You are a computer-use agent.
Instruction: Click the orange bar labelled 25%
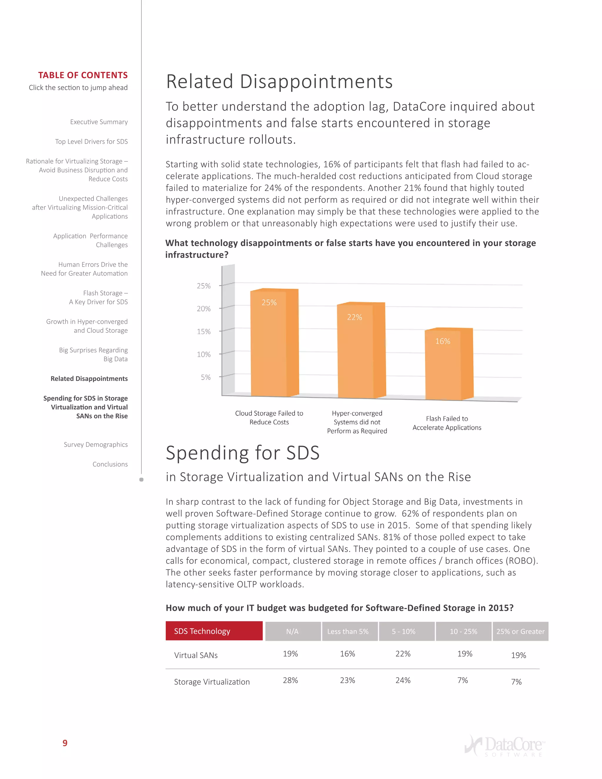coord(274,342)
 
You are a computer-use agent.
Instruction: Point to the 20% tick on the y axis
coord(204,309)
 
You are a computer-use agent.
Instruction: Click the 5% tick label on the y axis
coord(205,377)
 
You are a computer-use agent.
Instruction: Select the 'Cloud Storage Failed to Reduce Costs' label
coord(269,418)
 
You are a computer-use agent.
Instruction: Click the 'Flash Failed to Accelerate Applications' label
coord(447,423)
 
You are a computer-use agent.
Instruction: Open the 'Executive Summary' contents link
coord(99,122)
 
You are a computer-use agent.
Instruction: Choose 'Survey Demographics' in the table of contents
coord(96,444)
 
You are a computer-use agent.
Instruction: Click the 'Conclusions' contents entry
coord(110,464)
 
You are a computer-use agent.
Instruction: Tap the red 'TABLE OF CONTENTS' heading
coord(83,75)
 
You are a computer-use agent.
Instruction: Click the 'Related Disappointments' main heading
coord(279,81)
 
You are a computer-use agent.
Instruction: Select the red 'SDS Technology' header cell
coord(214,631)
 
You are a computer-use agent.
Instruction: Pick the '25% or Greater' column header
coord(520,631)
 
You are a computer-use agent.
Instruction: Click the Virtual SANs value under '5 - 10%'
coord(403,654)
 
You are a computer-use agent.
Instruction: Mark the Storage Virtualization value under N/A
coord(290,680)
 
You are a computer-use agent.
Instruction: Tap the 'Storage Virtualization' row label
coord(212,682)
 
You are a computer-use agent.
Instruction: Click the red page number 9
coord(65,743)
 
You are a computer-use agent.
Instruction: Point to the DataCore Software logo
coord(504,745)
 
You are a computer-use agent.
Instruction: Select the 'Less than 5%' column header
coord(348,631)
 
